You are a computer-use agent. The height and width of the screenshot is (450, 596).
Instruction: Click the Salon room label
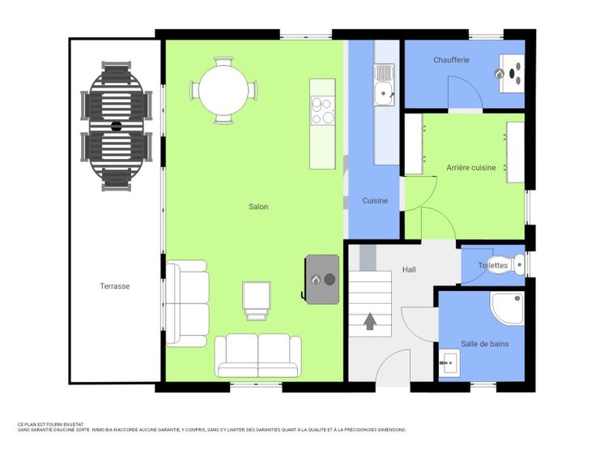[x=258, y=207]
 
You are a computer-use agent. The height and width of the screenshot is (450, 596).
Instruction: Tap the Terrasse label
[x=115, y=286]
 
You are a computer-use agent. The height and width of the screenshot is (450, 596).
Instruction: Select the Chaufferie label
[x=451, y=60]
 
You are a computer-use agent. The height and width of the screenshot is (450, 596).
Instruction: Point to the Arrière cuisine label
[x=471, y=168]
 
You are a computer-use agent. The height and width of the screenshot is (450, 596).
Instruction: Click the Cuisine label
[x=375, y=200]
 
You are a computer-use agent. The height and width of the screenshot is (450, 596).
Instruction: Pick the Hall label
[x=409, y=269]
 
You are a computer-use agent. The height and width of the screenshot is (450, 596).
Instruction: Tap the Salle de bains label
[x=484, y=344]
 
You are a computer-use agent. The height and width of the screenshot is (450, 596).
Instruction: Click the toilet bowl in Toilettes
[x=517, y=264]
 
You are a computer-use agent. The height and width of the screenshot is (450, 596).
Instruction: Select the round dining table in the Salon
[x=223, y=91]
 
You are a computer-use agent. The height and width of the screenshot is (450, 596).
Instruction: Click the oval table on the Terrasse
[x=117, y=126]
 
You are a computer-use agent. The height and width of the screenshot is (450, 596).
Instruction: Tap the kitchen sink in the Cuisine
[x=384, y=85]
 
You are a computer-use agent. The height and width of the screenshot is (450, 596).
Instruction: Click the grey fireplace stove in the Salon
[x=322, y=280]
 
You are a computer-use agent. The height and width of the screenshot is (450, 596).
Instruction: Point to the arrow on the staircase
[x=370, y=321]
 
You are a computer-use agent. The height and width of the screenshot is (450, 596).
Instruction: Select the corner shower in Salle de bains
[x=508, y=308]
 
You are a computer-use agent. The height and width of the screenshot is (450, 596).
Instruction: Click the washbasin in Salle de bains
[x=449, y=362]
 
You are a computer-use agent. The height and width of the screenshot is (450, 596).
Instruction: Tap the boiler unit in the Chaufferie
[x=512, y=73]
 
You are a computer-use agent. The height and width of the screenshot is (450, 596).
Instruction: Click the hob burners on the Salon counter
[x=322, y=111]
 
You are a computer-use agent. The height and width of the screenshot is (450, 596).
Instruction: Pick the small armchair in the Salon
[x=257, y=301]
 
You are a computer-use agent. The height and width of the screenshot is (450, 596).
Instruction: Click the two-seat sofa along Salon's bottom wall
[x=258, y=356]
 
